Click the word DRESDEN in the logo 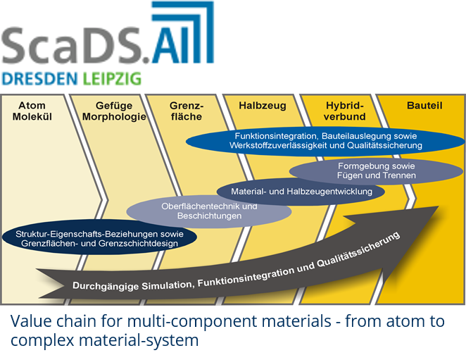click(39, 79)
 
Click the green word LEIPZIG click(112, 79)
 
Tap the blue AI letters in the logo click(169, 46)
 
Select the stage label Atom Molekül click(32, 111)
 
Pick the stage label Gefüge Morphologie click(114, 111)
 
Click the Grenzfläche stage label click(187, 111)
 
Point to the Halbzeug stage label click(263, 106)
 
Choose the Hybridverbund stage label click(345, 111)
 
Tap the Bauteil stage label click(424, 106)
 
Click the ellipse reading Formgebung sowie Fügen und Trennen click(376, 170)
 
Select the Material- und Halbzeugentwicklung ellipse click(301, 192)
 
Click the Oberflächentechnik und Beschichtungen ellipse click(209, 211)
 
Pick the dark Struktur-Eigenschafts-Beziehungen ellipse click(99, 237)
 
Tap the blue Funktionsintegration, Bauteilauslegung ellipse click(326, 141)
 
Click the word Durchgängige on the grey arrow click(106, 286)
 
